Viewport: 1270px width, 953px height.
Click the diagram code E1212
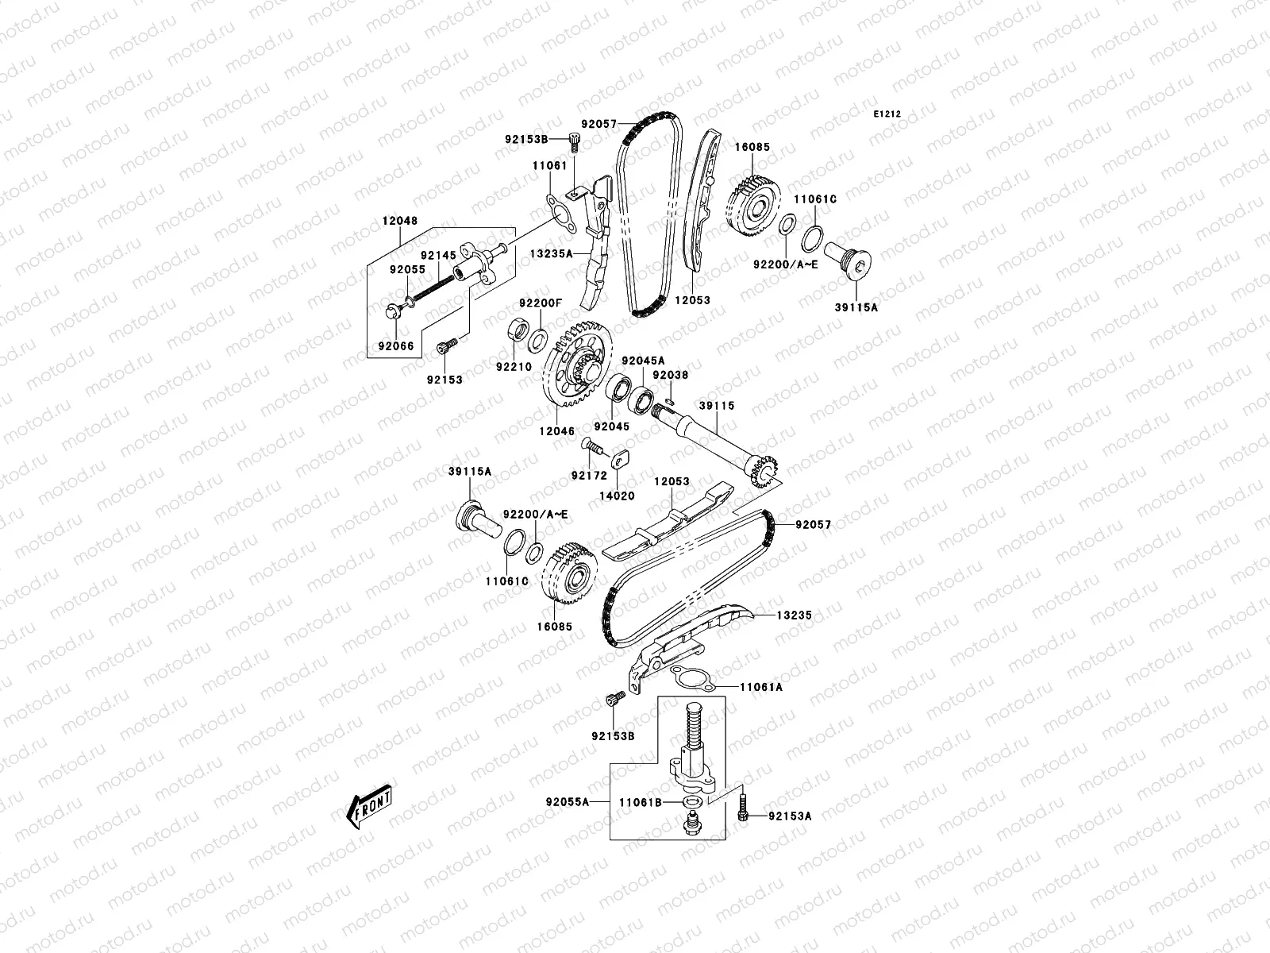click(887, 114)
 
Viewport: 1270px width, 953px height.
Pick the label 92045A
click(643, 360)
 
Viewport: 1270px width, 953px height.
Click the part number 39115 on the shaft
click(717, 406)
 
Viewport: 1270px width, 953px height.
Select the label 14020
click(622, 496)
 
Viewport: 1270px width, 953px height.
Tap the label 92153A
click(789, 816)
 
